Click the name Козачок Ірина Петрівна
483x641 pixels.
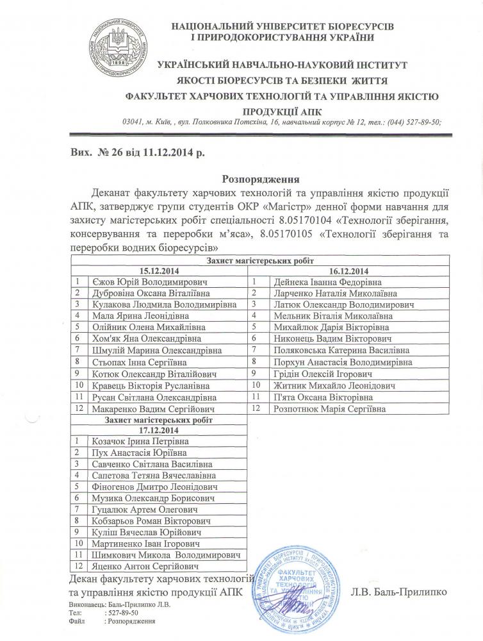click(131, 442)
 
